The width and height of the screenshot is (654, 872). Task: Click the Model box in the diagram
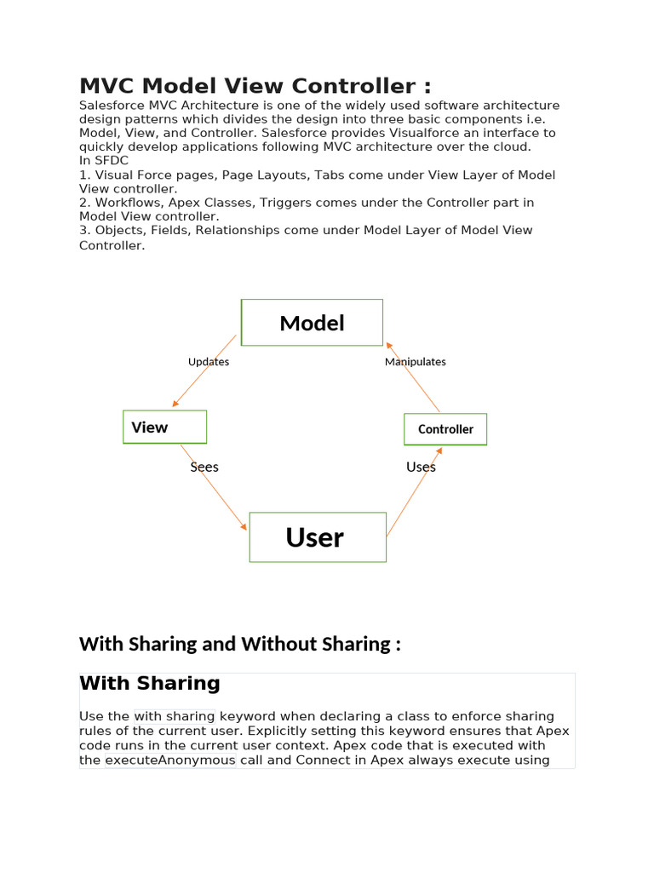click(312, 323)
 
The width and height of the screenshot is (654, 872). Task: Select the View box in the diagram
click(164, 427)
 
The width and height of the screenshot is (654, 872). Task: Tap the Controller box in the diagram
click(445, 429)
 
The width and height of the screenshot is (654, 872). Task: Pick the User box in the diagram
click(317, 537)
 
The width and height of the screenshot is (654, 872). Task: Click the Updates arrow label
click(209, 362)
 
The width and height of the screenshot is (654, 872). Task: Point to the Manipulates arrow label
click(415, 362)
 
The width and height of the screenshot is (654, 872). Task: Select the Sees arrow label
click(204, 467)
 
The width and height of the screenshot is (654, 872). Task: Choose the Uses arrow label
click(421, 467)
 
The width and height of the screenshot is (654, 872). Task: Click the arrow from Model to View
click(203, 372)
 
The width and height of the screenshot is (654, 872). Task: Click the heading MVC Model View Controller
click(255, 86)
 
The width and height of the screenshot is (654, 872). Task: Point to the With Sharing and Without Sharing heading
click(239, 644)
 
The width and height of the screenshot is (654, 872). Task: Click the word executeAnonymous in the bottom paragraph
click(170, 760)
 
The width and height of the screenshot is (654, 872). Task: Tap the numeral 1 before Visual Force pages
click(83, 175)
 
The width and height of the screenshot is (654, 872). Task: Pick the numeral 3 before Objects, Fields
click(83, 231)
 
